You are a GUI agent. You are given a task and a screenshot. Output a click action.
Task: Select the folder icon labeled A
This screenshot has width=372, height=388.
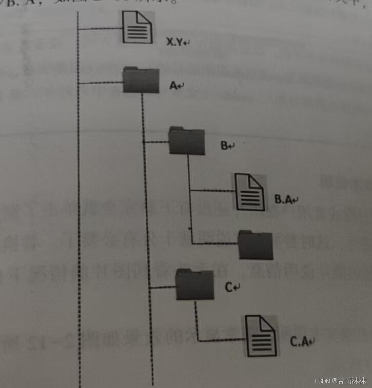tap(141, 80)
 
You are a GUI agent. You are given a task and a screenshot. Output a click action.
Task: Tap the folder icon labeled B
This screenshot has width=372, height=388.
tap(186, 140)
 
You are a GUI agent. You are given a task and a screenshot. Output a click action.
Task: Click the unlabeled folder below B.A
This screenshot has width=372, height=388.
tap(256, 245)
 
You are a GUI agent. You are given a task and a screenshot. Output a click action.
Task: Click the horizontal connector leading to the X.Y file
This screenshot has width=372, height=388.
tap(101, 30)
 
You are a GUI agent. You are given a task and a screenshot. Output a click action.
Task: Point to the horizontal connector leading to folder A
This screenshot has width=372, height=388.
tap(101, 83)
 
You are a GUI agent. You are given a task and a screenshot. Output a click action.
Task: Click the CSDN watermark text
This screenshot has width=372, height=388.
tap(340, 381)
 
